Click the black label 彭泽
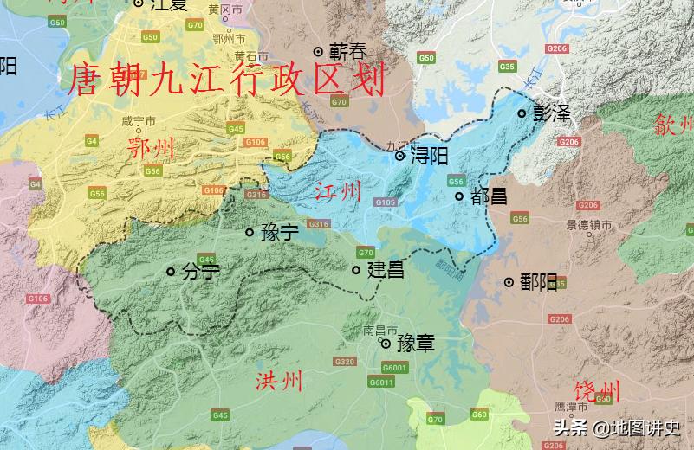552,113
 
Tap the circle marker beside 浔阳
399,157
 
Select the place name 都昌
490,196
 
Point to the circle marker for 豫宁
250,232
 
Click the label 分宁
201,272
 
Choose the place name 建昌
386,270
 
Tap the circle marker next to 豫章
386,344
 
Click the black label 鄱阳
538,282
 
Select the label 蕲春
347,52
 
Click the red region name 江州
338,191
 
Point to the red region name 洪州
279,381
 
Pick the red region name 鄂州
151,148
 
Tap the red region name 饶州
597,390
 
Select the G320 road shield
345,362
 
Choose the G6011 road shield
381,382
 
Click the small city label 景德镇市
589,225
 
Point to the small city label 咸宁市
139,121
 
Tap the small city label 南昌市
379,331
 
